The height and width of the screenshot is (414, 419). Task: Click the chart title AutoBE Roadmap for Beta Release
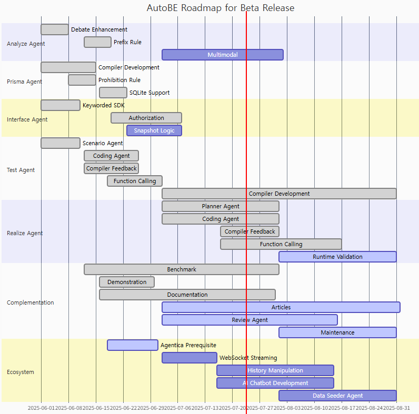pyautogui.click(x=220, y=8)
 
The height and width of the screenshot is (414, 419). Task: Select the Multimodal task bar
pyautogui.click(x=222, y=55)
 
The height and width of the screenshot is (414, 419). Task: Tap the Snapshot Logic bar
pyautogui.click(x=154, y=130)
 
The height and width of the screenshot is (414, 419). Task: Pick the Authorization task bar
pyautogui.click(x=146, y=118)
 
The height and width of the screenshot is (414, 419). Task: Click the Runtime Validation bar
pyautogui.click(x=337, y=257)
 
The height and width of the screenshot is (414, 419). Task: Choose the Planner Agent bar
pyautogui.click(x=221, y=206)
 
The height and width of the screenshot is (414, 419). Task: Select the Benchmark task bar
pyautogui.click(x=182, y=269)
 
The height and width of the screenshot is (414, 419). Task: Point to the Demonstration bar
pyautogui.click(x=127, y=282)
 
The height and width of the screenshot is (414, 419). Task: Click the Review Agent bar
pyautogui.click(x=250, y=320)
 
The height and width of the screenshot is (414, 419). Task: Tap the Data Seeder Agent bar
pyautogui.click(x=337, y=396)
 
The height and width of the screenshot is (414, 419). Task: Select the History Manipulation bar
pyautogui.click(x=275, y=370)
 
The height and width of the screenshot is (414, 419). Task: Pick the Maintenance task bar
pyautogui.click(x=337, y=332)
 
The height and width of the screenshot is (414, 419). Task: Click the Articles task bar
pyautogui.click(x=281, y=307)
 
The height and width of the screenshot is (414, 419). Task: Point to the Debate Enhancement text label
pyautogui.click(x=99, y=29)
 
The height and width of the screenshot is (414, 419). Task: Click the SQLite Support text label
pyautogui.click(x=149, y=93)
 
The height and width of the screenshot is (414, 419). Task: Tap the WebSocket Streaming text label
pyautogui.click(x=248, y=358)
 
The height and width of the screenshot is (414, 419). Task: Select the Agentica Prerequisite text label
pyautogui.click(x=188, y=345)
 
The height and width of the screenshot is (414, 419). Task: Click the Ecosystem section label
pyautogui.click(x=21, y=372)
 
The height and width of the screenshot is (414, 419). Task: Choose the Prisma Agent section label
pyautogui.click(x=24, y=82)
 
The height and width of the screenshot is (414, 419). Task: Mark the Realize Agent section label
pyautogui.click(x=25, y=233)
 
